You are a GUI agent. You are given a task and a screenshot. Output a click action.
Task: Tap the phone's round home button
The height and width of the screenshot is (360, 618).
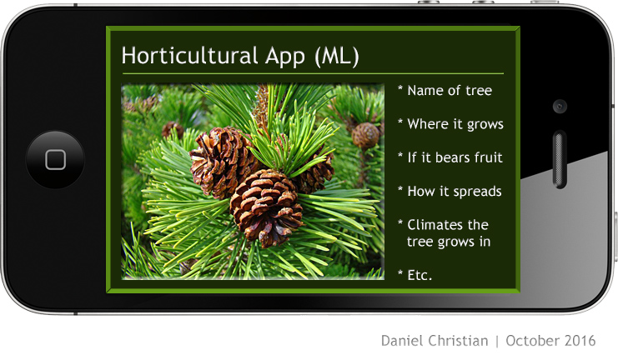point(55,159)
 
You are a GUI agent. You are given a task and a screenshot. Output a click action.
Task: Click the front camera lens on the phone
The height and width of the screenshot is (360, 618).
point(560,107)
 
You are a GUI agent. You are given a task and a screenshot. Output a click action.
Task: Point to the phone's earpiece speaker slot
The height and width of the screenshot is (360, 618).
point(560,159)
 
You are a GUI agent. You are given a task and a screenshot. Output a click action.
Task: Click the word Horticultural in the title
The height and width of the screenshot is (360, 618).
point(189,56)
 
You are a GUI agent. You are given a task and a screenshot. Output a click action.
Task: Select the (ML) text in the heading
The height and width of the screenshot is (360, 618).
point(337,57)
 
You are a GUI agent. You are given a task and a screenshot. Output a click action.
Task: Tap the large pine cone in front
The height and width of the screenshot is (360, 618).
point(266,207)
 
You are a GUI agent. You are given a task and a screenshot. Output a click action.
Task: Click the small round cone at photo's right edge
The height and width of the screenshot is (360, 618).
point(366,136)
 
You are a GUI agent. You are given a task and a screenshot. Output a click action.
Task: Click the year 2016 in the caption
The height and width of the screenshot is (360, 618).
point(580,341)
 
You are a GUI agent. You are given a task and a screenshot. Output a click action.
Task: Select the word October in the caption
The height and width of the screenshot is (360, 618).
point(532,341)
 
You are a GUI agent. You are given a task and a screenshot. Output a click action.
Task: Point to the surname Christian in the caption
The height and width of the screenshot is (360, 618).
point(457,341)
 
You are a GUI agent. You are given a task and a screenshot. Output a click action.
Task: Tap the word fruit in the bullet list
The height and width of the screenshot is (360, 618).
point(489,157)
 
